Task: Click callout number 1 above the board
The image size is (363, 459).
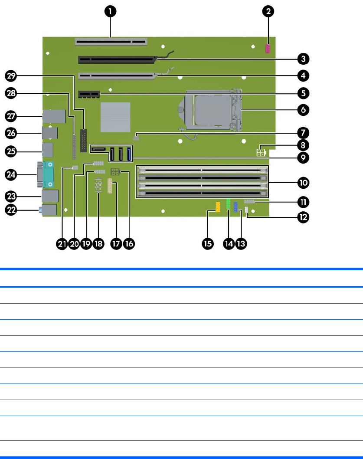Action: point(111,12)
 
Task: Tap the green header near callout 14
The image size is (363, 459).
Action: point(228,206)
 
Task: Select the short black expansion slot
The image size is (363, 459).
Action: point(89,94)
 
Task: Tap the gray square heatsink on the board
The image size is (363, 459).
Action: point(115,117)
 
